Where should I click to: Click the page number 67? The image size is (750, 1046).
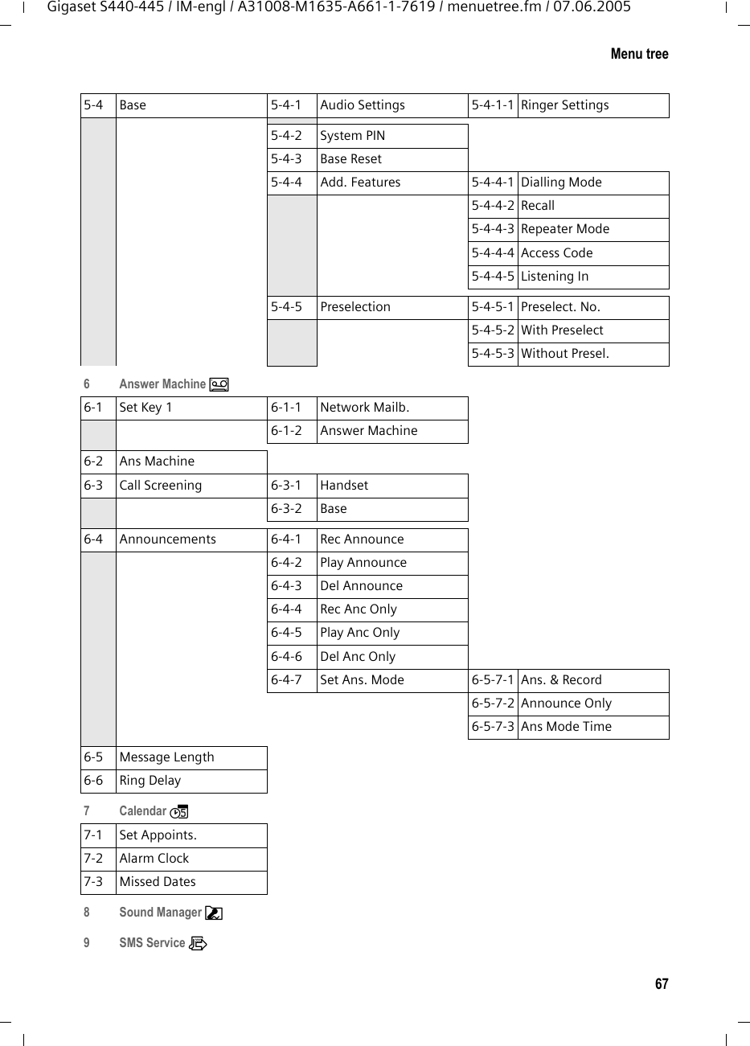pos(661,984)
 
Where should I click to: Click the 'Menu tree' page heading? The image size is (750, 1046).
pos(639,54)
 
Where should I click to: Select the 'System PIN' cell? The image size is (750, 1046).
pos(352,136)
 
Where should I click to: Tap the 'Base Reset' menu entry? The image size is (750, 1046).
pos(350,159)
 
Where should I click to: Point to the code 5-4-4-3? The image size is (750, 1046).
pos(493,229)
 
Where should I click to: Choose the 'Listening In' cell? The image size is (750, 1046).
pos(554,277)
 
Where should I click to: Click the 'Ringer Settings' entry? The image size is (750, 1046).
pos(564,105)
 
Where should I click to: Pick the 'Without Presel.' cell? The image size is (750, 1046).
pos(564,354)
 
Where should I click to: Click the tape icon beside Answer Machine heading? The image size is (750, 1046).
pos(219,384)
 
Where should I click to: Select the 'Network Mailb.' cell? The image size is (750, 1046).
pos(364,408)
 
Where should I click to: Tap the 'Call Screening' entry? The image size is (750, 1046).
pos(160,486)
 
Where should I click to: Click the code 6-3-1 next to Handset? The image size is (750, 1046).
pos(286,486)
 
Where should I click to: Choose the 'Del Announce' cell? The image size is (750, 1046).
pos(361,586)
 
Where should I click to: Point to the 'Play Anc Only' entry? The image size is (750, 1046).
pos(359,633)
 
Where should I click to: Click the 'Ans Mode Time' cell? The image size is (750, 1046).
pos(566,727)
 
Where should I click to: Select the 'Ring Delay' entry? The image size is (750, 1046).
pos(150,781)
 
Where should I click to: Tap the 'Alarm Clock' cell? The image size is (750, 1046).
pos(154,859)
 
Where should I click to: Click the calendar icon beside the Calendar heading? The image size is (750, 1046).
pos(178,811)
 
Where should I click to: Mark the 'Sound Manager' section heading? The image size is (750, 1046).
pos(160,913)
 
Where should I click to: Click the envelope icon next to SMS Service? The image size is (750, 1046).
pos(198,943)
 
